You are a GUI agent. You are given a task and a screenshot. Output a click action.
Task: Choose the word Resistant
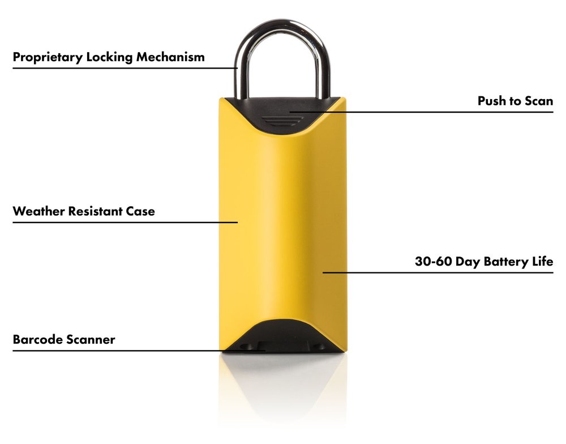tap(97, 212)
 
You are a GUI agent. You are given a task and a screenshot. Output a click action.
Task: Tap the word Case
tap(141, 212)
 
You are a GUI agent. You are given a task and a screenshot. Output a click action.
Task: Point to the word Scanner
tap(89, 340)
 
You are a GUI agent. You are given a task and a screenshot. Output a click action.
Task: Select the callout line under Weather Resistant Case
tap(125, 222)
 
